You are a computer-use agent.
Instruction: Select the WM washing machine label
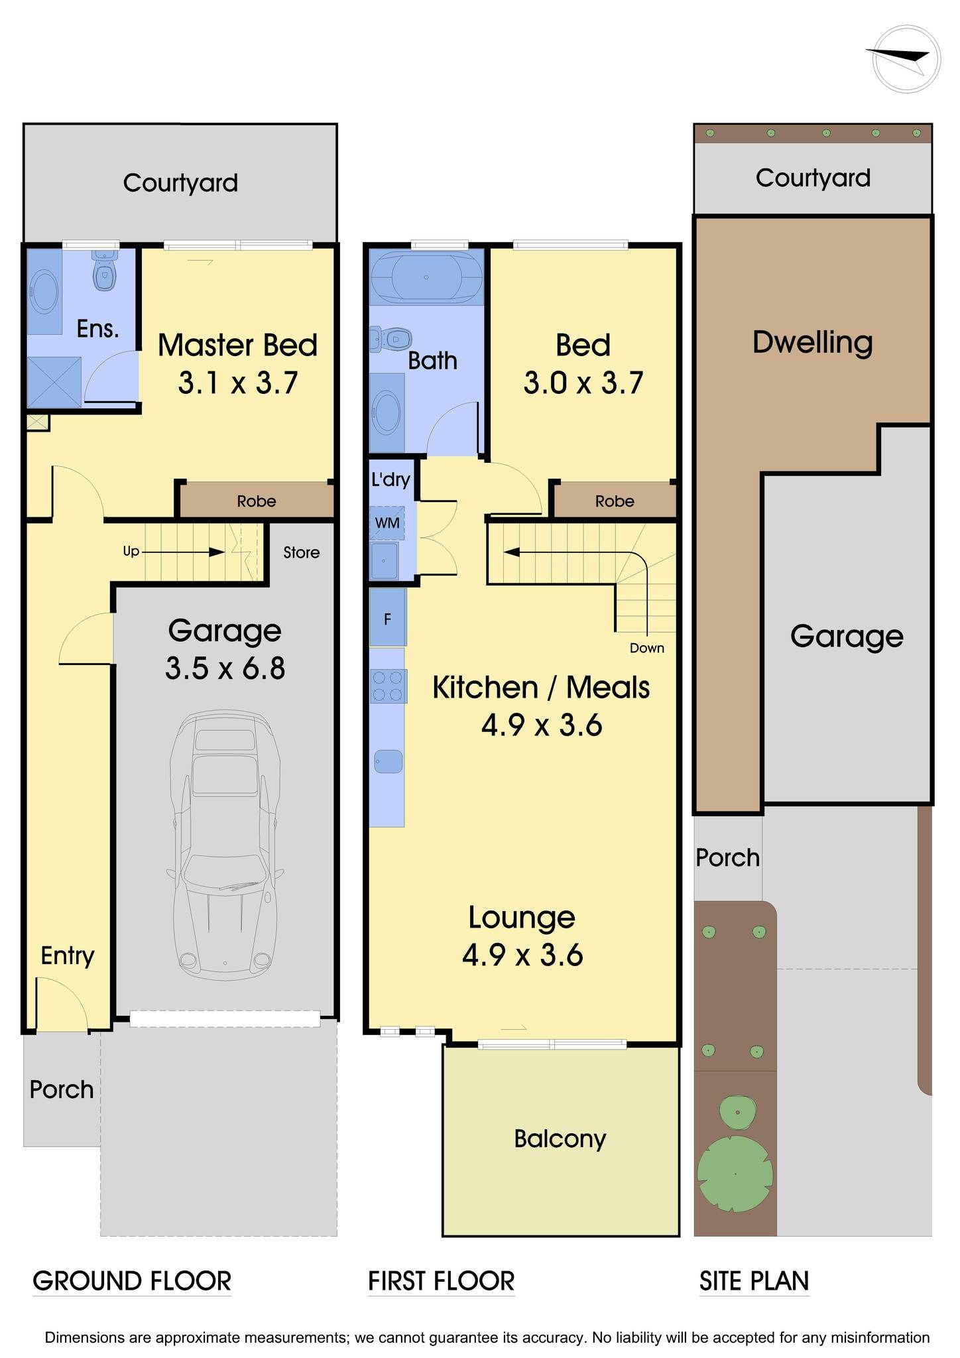pyautogui.click(x=387, y=523)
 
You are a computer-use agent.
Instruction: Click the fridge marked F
pyautogui.click(x=388, y=619)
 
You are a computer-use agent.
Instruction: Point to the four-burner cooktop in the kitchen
pyautogui.click(x=388, y=686)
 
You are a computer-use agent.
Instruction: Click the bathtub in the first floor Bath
pyautogui.click(x=426, y=277)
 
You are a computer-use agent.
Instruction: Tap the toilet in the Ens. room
pyautogui.click(x=104, y=270)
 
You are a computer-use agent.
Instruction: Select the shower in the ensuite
pyautogui.click(x=54, y=383)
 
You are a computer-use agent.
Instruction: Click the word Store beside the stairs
pyautogui.click(x=301, y=552)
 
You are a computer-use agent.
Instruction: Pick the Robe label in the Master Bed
pyautogui.click(x=257, y=501)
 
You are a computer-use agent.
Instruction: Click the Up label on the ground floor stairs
pyautogui.click(x=131, y=552)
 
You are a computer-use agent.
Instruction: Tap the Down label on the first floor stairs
pyautogui.click(x=647, y=648)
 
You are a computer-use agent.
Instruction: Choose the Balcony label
pyautogui.click(x=560, y=1139)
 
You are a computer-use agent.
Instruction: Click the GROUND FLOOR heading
pyautogui.click(x=132, y=1280)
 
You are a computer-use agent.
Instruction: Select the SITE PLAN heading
pyautogui.click(x=754, y=1280)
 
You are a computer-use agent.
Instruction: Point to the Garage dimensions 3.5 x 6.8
pyautogui.click(x=225, y=668)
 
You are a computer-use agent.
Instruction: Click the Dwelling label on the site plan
pyautogui.click(x=813, y=343)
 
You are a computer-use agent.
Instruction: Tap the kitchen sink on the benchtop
pyautogui.click(x=389, y=761)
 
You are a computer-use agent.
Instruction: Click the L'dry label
pyautogui.click(x=390, y=479)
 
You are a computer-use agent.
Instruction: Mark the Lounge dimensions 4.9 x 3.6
pyautogui.click(x=522, y=956)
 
